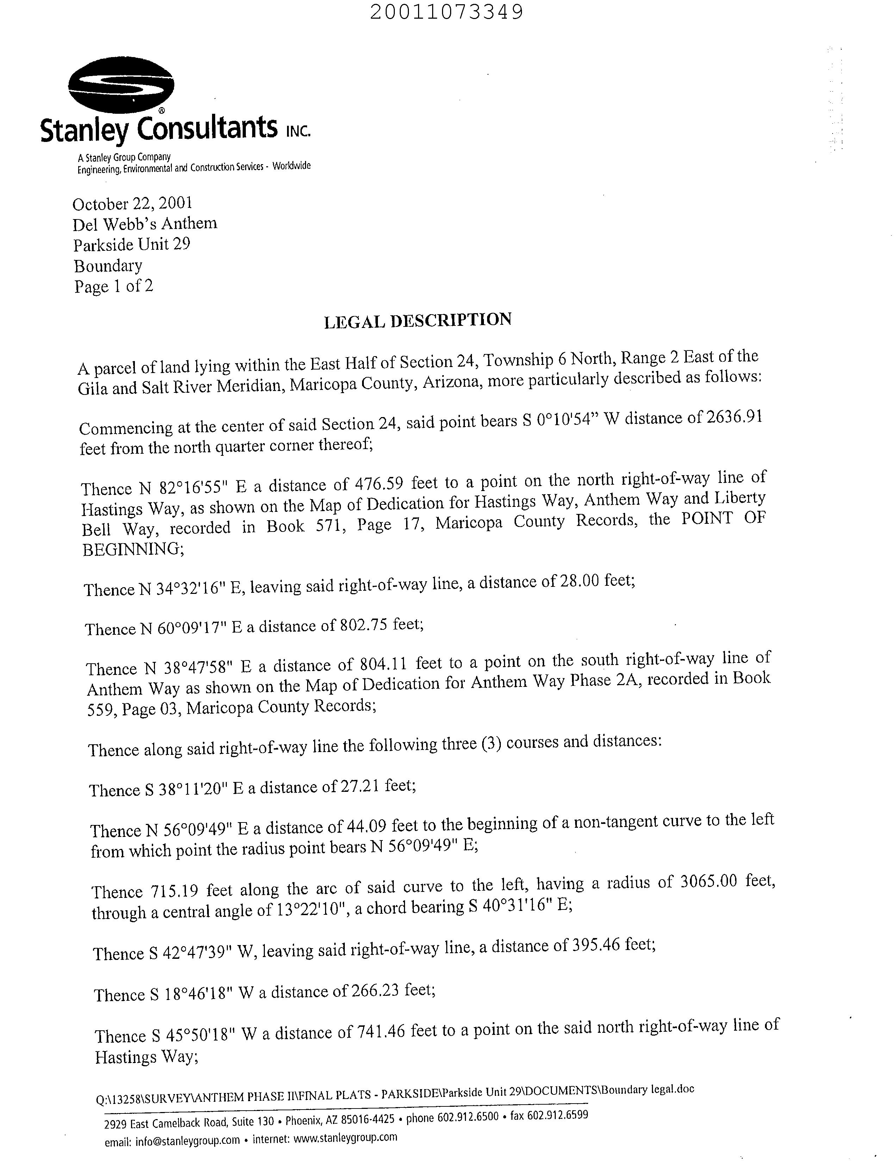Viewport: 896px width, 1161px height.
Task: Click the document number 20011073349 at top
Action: click(446, 12)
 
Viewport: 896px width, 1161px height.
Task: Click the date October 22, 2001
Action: click(132, 204)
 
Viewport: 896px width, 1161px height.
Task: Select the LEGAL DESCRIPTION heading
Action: click(418, 321)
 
